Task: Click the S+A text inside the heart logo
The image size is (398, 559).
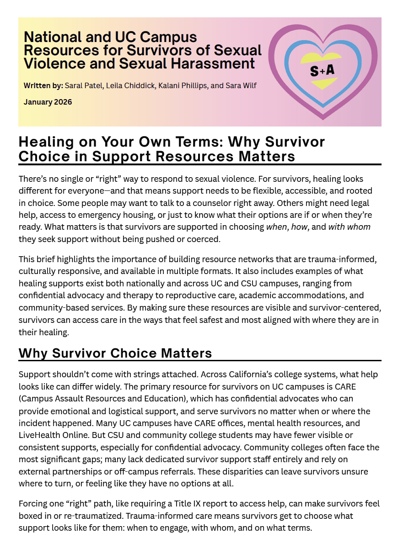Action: pyautogui.click(x=322, y=70)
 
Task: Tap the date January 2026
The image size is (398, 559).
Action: pyautogui.click(x=48, y=102)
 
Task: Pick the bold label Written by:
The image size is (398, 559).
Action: pyautogui.click(x=43, y=85)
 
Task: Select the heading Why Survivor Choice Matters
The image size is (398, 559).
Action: pyautogui.click(x=115, y=353)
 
